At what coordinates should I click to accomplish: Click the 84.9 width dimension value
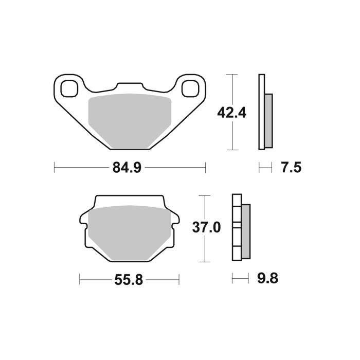[129, 168]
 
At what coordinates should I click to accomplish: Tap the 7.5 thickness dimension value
[290, 167]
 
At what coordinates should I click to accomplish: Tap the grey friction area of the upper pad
[130, 119]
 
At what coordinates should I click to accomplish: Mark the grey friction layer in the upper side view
[269, 120]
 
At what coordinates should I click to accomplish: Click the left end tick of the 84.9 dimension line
[55, 168]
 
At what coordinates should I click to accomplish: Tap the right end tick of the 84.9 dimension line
[205, 168]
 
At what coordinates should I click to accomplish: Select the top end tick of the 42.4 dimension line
[235, 75]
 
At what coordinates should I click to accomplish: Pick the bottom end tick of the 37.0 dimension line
[205, 261]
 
